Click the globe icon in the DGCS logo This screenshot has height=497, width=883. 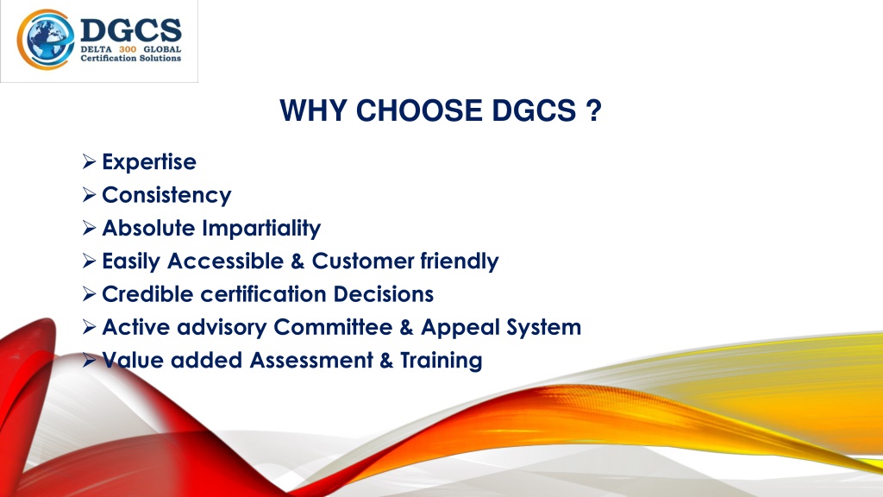46,40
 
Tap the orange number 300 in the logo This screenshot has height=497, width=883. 128,49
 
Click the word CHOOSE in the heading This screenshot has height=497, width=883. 419,110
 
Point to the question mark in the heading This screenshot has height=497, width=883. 593,110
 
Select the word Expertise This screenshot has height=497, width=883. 149,162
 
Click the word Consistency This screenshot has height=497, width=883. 166,196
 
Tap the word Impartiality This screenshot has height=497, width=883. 262,228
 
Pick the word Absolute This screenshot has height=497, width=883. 149,228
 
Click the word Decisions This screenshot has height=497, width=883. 384,294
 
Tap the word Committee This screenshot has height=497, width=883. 333,327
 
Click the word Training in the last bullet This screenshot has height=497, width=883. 441,361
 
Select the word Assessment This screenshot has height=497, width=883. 311,361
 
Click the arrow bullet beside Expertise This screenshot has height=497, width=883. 89,161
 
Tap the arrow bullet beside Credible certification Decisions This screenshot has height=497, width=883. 89,294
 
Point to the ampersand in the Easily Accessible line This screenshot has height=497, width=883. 297,261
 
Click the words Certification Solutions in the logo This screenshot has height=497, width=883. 131,59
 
